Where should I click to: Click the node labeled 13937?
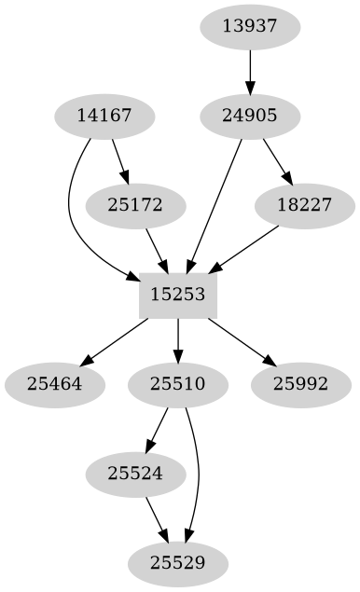[x=250, y=26]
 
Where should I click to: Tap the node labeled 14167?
[x=103, y=116]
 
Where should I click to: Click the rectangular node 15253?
[x=178, y=294]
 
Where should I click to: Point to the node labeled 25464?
[x=53, y=383]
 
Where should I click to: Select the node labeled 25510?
[x=178, y=383]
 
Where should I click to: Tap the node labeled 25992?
[x=300, y=383]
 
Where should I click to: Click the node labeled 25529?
[x=178, y=562]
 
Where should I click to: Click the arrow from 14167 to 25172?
[x=119, y=160]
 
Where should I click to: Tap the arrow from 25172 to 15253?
[x=156, y=249]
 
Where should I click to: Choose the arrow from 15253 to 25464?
[x=116, y=338]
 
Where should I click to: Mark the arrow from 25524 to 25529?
[x=156, y=517]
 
